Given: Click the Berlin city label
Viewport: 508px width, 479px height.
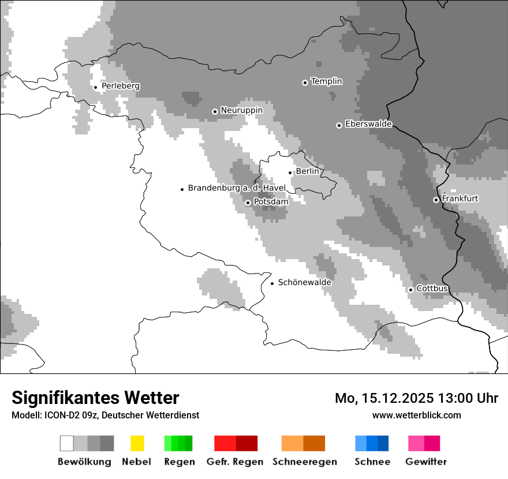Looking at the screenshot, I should pos(307,171).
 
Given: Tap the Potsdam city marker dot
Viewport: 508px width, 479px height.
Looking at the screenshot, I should pos(248,203).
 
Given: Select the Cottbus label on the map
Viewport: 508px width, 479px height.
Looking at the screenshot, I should pos(432,289).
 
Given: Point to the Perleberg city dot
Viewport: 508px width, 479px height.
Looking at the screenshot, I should pos(95,87).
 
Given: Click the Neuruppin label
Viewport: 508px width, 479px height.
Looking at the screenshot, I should pos(241,110).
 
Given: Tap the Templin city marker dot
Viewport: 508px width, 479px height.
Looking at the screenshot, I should pos(305,83).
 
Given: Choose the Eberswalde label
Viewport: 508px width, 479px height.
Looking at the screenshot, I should pos(368,124).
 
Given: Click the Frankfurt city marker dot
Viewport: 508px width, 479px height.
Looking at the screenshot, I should pos(436,200).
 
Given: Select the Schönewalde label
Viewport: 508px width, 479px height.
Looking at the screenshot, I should pos(304,282).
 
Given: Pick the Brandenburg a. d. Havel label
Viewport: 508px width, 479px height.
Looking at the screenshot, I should pos(237,188).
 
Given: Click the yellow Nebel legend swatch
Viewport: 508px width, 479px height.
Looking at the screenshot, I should pos(137,443).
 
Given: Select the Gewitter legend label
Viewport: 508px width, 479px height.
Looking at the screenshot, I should pos(425,462).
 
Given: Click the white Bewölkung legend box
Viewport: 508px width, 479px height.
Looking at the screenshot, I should pos(67,443).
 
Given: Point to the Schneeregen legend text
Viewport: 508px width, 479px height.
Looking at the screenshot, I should pos(304,462).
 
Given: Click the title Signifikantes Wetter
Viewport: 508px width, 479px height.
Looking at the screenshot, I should pos(95,398).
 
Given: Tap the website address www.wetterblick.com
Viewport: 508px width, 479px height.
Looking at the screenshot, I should pos(416,415).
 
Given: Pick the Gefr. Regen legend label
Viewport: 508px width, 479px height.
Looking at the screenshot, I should pos(235,462).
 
